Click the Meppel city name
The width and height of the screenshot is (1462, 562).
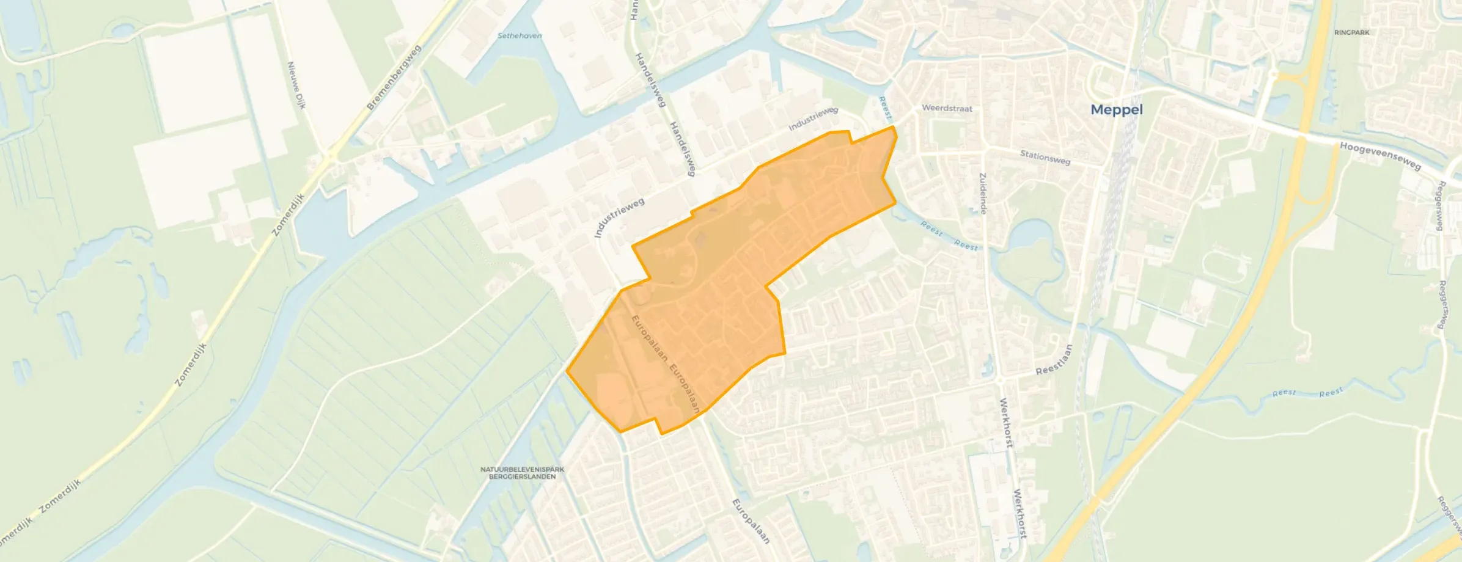1116,110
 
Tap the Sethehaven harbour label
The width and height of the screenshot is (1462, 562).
520,36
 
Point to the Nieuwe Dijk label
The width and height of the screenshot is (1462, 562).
296,86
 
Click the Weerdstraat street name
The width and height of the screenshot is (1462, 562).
947,108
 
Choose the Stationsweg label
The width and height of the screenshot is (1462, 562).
1045,157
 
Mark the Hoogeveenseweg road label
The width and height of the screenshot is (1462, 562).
1380,156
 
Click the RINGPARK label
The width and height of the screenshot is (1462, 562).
1351,32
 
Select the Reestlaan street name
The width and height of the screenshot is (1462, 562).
1054,360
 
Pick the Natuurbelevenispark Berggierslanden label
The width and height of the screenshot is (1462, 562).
522,473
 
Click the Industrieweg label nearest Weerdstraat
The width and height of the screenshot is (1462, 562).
813,119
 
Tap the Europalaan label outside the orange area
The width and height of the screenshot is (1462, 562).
751,520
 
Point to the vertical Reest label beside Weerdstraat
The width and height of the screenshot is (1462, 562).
884,108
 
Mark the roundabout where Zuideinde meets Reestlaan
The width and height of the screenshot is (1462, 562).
1000,381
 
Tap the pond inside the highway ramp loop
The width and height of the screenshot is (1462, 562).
1274,106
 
